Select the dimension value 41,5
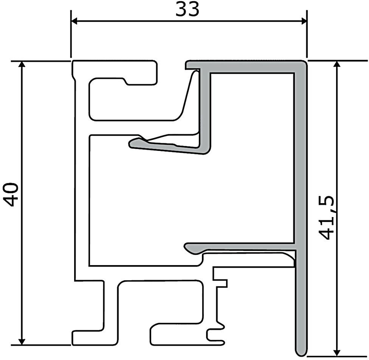(325, 217)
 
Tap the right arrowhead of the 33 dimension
(302, 21)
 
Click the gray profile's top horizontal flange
(246, 65)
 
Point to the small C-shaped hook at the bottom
(212, 335)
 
